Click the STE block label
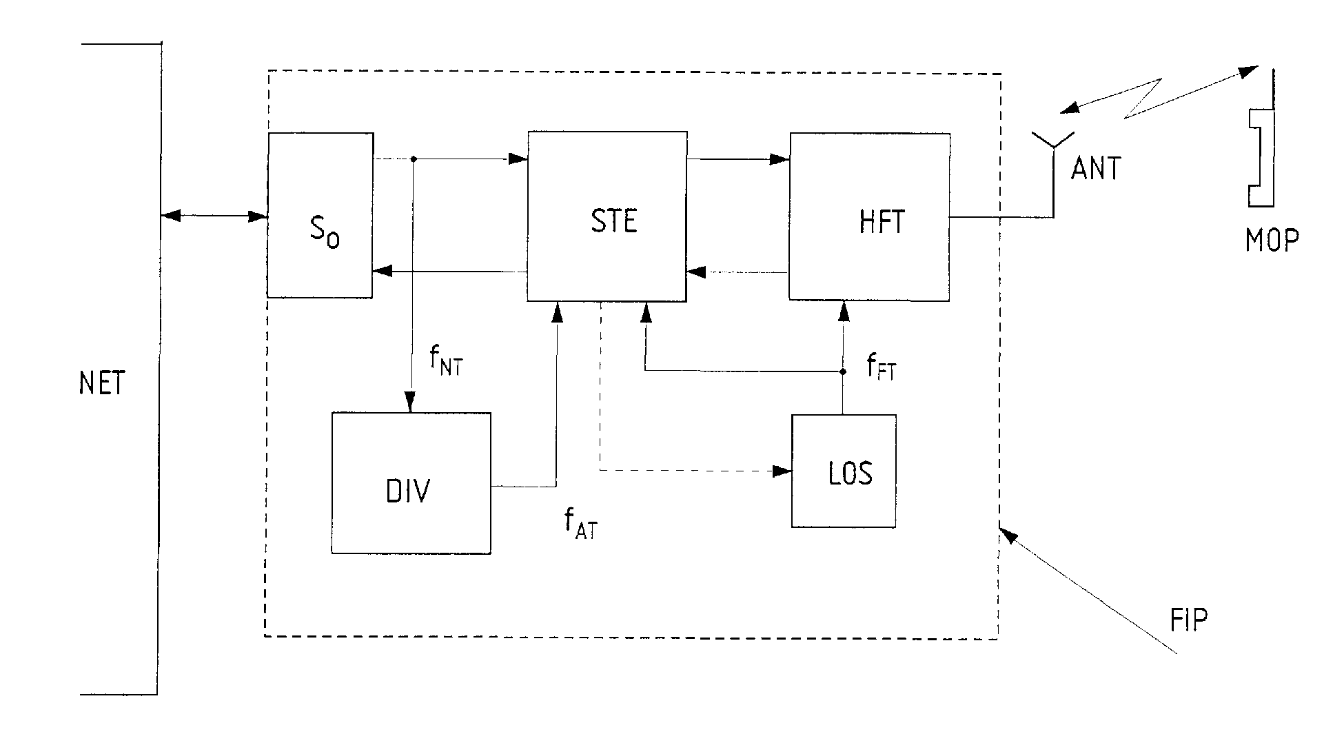click(614, 221)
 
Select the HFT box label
click(882, 221)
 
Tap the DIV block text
click(409, 491)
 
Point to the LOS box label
click(851, 473)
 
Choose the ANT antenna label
click(1096, 168)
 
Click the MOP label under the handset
click(1272, 240)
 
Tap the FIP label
click(1189, 620)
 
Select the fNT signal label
click(446, 360)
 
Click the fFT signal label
click(882, 367)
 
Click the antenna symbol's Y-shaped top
click(1052, 141)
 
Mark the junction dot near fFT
click(842, 371)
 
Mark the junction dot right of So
click(413, 159)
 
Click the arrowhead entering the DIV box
click(411, 402)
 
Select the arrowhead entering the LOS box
click(782, 471)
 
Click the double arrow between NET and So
click(214, 216)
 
